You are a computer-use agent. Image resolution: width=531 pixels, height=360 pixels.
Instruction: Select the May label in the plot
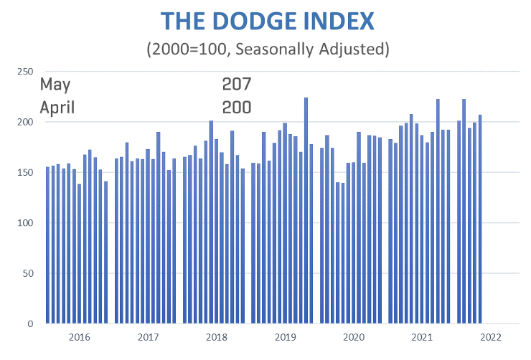pos(55,85)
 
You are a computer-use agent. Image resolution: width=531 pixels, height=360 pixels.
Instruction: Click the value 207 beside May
pos(236,85)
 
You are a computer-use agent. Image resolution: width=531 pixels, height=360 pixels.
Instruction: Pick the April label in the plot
pos(57,108)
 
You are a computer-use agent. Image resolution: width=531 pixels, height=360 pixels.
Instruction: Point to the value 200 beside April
pos(236,108)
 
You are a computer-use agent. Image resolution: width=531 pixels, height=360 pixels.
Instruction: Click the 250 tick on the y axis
pos(25,72)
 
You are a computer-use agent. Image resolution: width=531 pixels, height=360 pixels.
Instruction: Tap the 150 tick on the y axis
pos(25,173)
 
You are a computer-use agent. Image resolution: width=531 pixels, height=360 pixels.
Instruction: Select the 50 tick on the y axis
pos(27,273)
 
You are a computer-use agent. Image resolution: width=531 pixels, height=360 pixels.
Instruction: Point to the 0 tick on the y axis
pos(30,323)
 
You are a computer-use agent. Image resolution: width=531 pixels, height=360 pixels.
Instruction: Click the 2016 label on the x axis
pos(79,336)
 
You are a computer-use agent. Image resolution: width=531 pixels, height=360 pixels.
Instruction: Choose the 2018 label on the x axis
pos(216,336)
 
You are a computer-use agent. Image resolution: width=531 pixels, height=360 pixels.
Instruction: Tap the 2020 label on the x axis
pos(354,336)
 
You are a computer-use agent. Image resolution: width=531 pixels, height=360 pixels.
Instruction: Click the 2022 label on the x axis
pos(491,336)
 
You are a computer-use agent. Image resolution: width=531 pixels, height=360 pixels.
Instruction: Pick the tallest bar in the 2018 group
pos(211,222)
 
